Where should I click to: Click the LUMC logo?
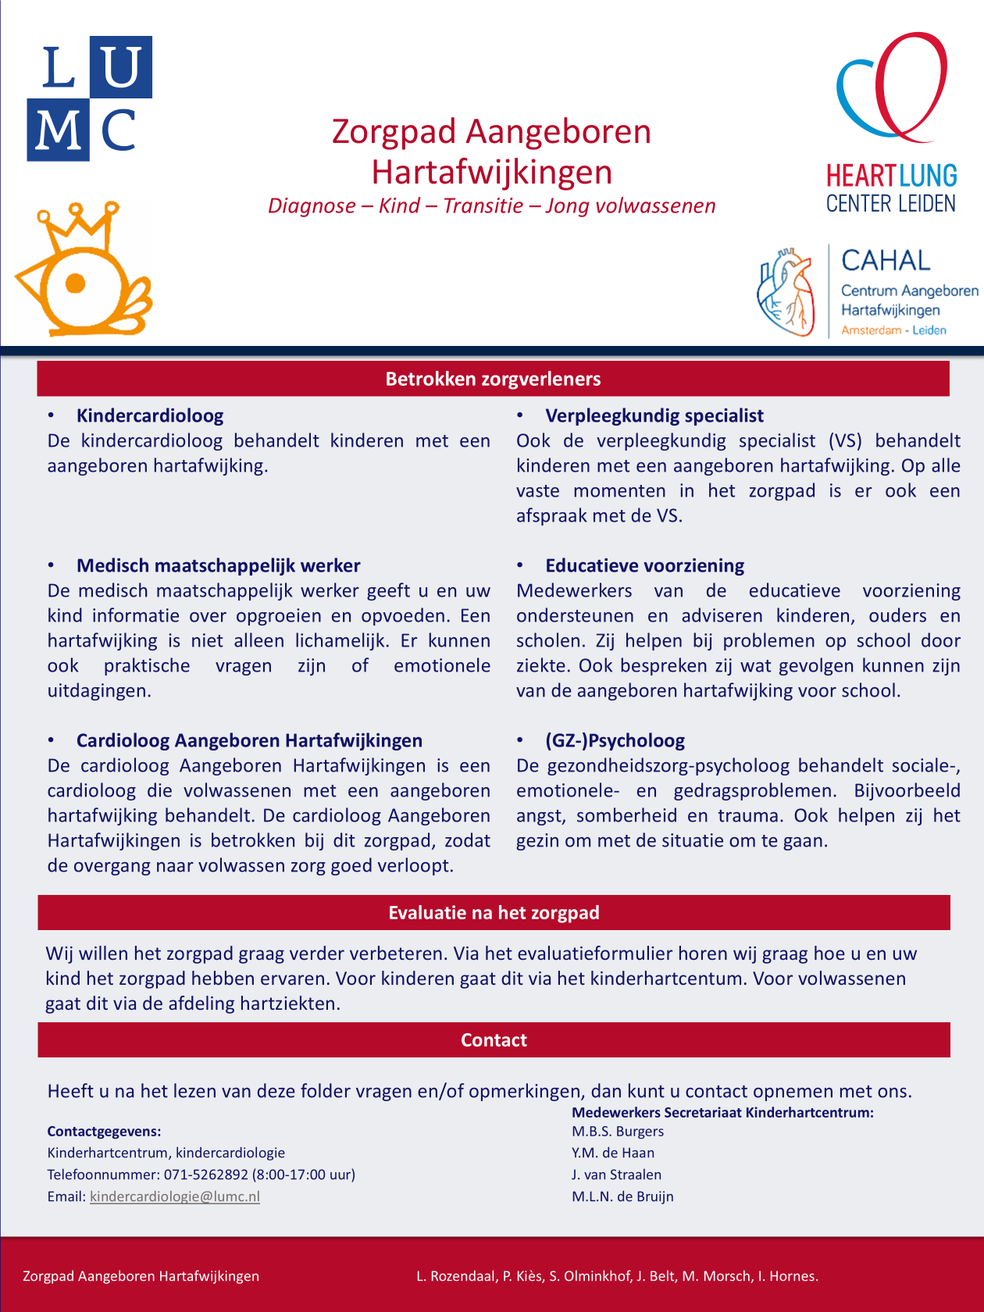[x=90, y=98]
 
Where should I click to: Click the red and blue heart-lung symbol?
[x=892, y=86]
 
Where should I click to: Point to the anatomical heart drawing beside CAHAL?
[x=786, y=292]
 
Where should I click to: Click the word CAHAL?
[x=886, y=260]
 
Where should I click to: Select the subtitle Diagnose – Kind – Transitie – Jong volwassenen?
[x=491, y=205]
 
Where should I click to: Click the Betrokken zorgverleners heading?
[x=493, y=379]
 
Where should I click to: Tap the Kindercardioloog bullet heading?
[x=150, y=415]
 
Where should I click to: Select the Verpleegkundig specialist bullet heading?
[x=654, y=415]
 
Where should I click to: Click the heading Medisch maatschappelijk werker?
[x=218, y=565]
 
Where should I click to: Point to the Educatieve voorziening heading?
[x=644, y=565]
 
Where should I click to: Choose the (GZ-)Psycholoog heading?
[x=615, y=740]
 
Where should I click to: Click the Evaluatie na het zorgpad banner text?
[x=494, y=913]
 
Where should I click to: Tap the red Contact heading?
[x=494, y=1040]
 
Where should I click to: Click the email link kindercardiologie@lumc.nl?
[x=175, y=1196]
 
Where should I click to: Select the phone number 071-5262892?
[x=206, y=1175]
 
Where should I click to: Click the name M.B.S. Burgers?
[x=618, y=1131]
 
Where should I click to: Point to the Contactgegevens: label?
[x=104, y=1131]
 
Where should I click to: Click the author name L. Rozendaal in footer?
[x=455, y=1276]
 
